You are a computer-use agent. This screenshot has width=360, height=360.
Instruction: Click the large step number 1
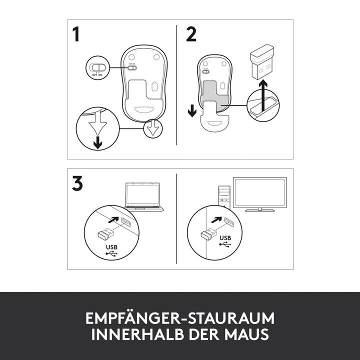(x=76, y=34)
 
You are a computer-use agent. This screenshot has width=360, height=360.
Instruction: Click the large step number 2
(x=191, y=34)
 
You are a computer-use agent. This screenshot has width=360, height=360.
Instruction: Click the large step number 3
(x=77, y=183)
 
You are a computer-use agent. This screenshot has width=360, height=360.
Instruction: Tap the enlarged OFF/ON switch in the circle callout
(x=98, y=67)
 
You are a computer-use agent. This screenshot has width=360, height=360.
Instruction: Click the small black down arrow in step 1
(x=98, y=142)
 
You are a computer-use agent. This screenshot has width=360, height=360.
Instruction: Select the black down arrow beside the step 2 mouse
(x=192, y=110)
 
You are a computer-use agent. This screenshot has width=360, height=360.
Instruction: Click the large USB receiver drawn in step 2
(x=262, y=61)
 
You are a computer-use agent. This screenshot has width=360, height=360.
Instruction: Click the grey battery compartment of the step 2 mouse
(x=215, y=95)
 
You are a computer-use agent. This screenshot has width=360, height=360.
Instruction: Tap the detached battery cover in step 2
(x=214, y=117)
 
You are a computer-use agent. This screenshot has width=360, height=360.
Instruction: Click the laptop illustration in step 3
(x=143, y=197)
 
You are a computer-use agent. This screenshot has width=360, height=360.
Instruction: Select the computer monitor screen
(x=260, y=192)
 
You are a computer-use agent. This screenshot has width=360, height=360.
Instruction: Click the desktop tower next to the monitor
(x=224, y=197)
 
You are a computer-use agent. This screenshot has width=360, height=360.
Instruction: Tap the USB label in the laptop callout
(x=111, y=247)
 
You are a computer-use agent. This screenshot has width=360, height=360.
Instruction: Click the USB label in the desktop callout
(x=225, y=238)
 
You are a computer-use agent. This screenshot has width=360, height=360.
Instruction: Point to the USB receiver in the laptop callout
(x=105, y=234)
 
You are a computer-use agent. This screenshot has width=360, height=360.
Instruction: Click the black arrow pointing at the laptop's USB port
(x=113, y=220)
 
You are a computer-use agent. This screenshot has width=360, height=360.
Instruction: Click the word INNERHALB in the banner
(x=138, y=334)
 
